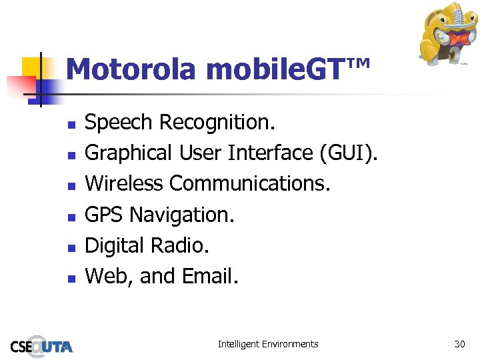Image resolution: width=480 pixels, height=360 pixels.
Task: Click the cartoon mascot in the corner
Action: point(445,33)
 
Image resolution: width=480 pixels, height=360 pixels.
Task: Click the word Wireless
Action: point(125,183)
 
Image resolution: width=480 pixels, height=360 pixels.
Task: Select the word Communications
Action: point(250,183)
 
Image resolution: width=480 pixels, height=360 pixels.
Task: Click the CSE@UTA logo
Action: point(41,345)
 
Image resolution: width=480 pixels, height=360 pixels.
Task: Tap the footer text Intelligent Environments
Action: point(268,344)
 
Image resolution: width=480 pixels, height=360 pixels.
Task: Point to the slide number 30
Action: point(459,344)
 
